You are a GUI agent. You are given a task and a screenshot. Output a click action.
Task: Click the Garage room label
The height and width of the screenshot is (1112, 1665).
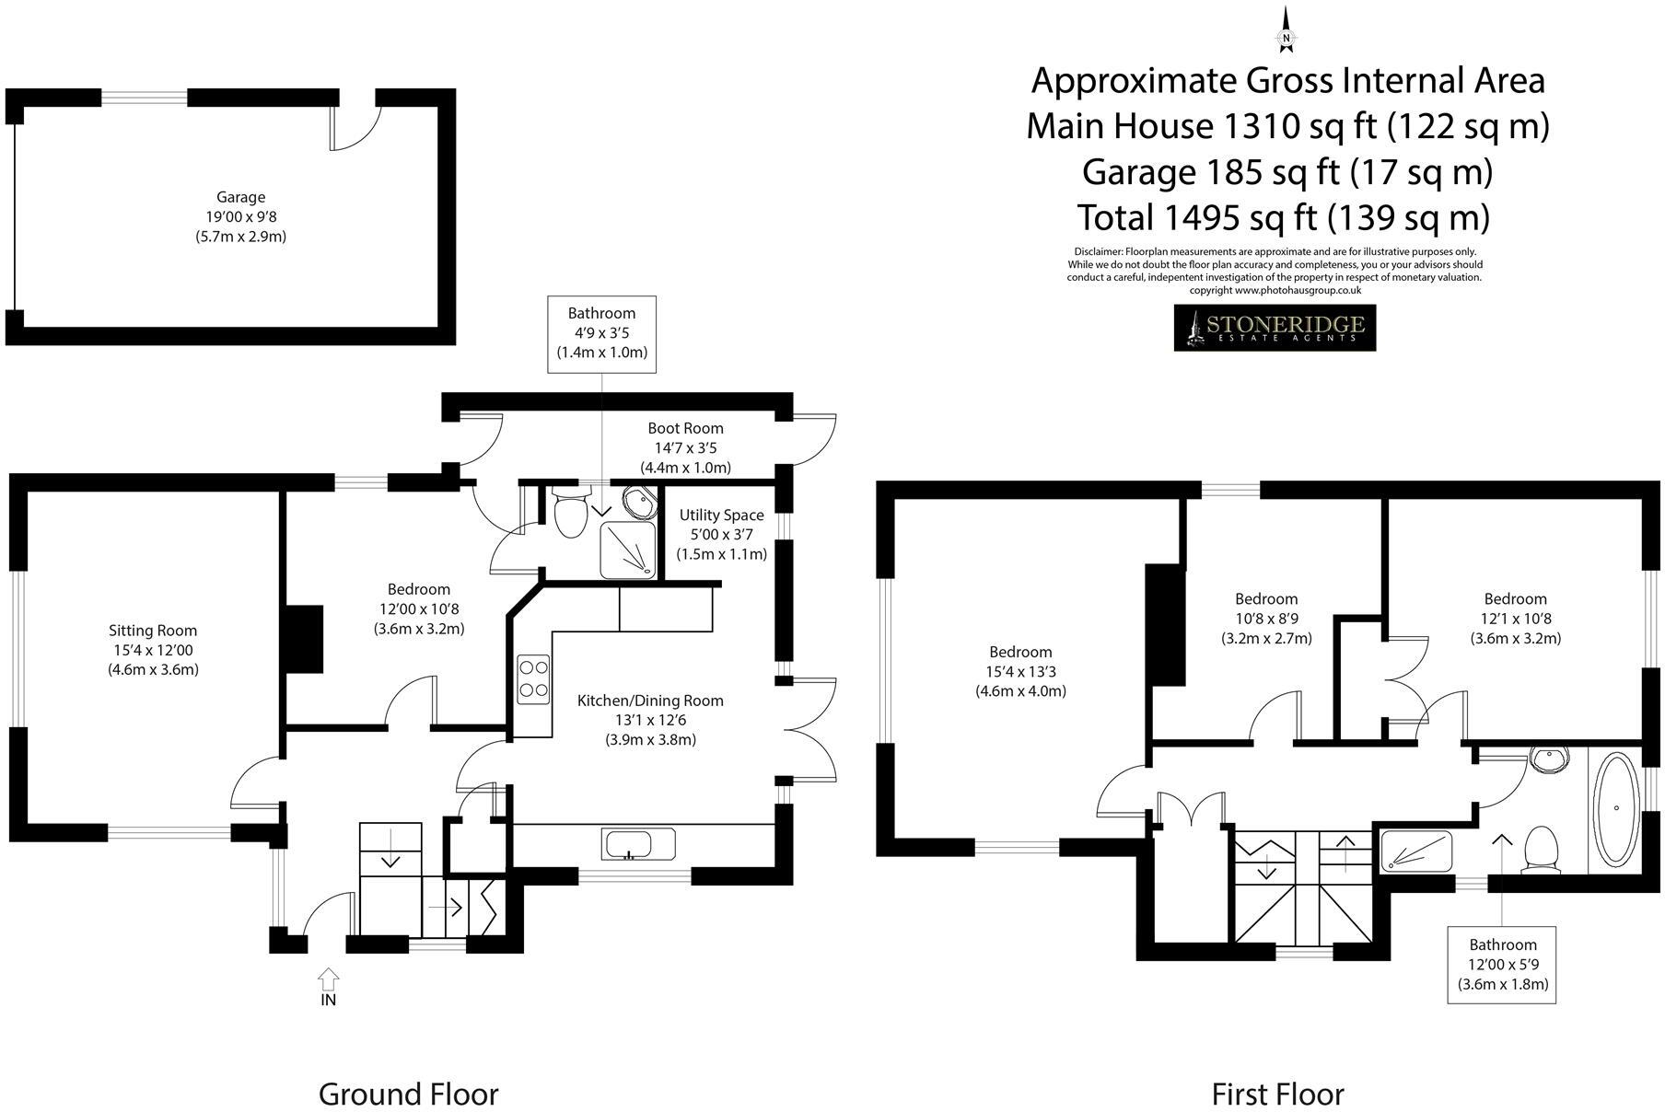tap(240, 197)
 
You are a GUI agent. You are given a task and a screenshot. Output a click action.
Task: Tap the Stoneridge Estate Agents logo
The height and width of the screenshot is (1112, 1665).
tap(1275, 328)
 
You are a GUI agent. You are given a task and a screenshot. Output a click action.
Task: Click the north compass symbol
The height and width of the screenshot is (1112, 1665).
tap(1286, 33)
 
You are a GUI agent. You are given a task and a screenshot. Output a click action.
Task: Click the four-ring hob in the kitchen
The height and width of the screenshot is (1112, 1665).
tap(533, 678)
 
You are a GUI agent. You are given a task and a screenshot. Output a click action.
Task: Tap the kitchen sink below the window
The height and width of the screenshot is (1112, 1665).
tap(638, 843)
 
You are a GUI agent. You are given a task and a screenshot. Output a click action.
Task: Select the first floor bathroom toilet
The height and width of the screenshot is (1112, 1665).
tap(1540, 848)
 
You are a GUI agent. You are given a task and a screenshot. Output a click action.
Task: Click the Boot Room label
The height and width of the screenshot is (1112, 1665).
tap(685, 428)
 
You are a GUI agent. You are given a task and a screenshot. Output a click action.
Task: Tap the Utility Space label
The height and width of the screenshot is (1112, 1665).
tap(721, 515)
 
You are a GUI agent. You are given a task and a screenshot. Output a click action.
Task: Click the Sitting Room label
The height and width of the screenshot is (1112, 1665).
tap(153, 631)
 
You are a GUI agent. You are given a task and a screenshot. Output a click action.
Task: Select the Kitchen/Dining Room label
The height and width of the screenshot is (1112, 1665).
tap(650, 701)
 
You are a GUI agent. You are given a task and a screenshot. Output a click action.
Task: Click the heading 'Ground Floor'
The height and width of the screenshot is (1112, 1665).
tap(408, 1095)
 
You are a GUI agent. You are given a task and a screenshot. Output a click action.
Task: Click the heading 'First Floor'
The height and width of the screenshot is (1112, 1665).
tap(1277, 1095)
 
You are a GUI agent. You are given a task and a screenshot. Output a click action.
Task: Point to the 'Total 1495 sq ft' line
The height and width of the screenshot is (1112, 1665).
tap(1283, 217)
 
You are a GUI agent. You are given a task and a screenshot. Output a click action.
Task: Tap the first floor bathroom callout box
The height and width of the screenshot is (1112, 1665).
tap(1502, 964)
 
